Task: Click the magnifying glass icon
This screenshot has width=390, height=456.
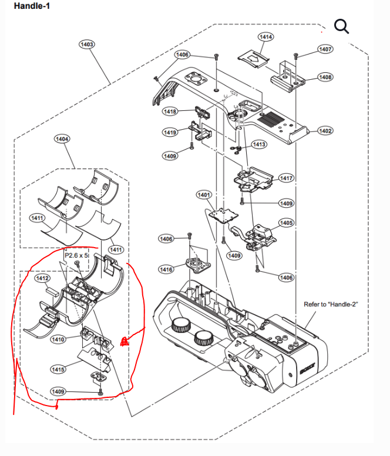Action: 341,26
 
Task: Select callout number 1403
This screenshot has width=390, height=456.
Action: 87,44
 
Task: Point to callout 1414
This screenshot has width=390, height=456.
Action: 266,37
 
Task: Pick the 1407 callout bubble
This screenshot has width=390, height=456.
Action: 325,49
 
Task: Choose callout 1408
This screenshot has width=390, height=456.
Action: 325,77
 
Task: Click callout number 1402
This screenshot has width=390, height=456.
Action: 325,131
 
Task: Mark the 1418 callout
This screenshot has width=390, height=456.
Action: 170,112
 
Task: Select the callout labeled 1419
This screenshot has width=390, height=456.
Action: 170,133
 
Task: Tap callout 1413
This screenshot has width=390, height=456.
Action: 258,144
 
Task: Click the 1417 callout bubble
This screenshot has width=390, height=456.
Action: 287,178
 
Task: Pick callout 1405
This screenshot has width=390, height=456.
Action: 287,223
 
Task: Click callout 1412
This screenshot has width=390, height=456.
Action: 42,278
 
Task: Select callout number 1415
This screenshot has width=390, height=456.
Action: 58,369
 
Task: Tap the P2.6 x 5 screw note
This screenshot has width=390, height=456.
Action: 77,256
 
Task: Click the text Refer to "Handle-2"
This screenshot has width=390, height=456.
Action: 331,305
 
